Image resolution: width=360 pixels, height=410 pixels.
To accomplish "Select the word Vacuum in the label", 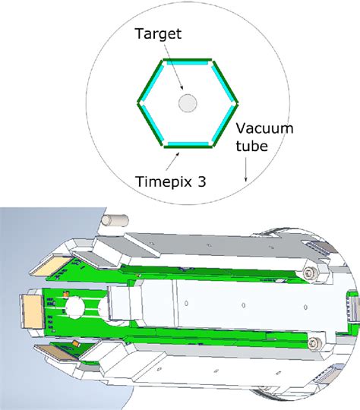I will [x=265, y=128].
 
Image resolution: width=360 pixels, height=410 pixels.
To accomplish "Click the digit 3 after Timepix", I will [x=201, y=181].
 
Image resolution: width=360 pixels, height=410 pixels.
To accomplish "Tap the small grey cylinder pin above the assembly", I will [x=115, y=221].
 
